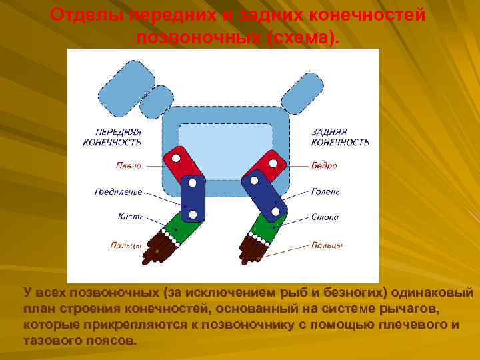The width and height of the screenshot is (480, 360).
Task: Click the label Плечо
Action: point(129,165)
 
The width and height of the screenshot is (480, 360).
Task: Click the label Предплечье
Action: point(119,192)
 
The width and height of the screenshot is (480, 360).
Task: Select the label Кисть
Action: point(129,217)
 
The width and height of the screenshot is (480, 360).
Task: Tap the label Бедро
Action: point(325,165)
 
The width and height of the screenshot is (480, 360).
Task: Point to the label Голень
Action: point(326,192)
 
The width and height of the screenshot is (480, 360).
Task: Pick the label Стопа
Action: point(325,217)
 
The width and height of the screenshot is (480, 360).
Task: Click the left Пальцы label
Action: point(126,245)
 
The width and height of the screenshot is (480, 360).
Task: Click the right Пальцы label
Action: point(327,245)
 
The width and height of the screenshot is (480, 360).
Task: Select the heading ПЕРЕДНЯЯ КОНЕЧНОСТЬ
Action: point(112,137)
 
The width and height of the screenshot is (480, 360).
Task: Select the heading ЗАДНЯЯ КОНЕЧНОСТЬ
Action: point(340,137)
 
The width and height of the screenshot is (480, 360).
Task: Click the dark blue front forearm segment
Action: point(193,197)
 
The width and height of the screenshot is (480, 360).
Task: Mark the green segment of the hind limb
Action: point(271,227)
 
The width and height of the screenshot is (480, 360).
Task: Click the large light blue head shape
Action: point(126,83)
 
